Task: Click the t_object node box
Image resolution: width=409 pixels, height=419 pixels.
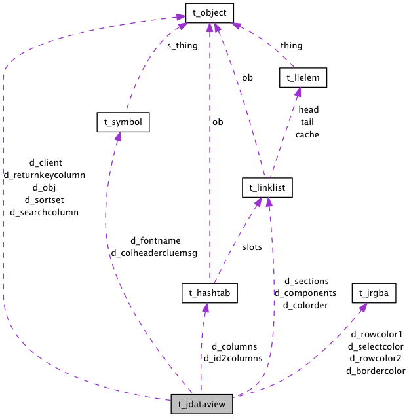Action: click(209, 12)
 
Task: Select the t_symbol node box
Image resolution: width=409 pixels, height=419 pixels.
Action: click(123, 122)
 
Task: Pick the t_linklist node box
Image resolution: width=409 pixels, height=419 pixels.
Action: click(267, 188)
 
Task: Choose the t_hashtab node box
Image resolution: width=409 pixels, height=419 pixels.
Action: click(209, 293)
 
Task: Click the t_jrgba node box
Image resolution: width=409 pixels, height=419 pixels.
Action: click(374, 293)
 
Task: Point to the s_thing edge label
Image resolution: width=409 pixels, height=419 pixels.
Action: click(182, 46)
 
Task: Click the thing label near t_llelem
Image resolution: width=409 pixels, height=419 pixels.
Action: click(291, 46)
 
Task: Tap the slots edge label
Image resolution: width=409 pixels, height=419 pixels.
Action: click(252, 247)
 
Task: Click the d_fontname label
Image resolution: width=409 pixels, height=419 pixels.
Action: click(155, 240)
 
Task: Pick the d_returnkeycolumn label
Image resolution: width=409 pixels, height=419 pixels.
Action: click(45, 175)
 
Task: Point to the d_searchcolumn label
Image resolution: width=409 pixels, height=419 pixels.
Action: click(44, 212)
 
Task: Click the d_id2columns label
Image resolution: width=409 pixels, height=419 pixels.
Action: click(233, 358)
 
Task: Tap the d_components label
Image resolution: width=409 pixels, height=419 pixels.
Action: click(305, 293)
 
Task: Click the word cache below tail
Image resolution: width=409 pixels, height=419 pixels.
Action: click(307, 134)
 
